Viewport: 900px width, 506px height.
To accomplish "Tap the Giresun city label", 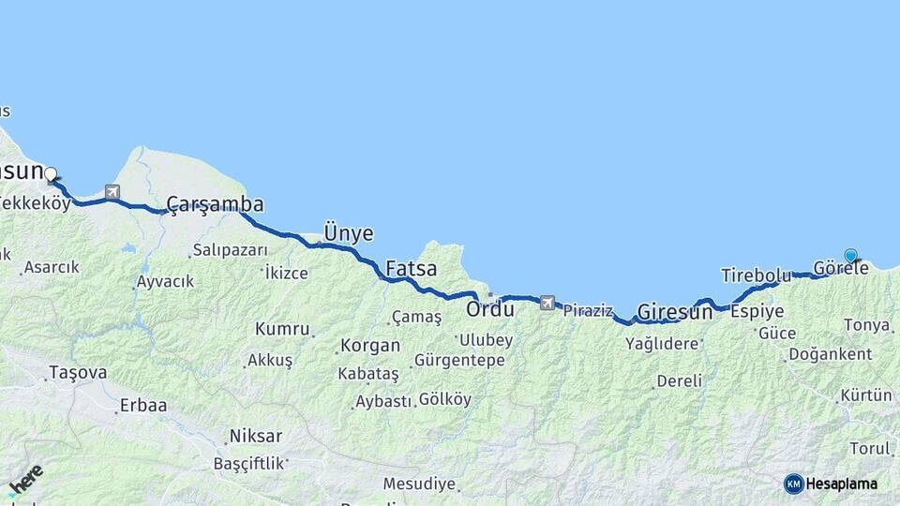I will pos(675,312).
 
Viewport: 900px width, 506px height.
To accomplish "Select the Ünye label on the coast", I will pos(348,233).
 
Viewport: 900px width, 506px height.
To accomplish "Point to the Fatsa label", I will pos(412,269).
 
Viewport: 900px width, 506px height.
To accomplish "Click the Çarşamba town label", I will pos(215,204).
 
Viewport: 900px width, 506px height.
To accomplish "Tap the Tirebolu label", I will pos(756,275).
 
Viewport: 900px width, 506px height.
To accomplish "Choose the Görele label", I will pos(841,268).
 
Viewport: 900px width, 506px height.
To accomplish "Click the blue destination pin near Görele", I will pos(850,255).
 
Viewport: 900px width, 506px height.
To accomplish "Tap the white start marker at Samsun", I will pos(51,173).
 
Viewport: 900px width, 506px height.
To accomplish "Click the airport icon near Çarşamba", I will pos(112,193).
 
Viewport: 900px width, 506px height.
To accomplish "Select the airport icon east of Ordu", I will pos(547,303).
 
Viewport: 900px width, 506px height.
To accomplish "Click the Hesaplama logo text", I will pos(842,484).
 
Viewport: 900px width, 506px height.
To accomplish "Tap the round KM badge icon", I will pos(794,484).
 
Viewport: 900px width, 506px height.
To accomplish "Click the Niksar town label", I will pos(254,437).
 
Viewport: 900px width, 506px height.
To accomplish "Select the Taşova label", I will pos(77,373).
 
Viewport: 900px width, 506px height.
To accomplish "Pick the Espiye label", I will pos(757,311).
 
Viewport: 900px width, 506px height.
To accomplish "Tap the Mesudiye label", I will pos(419,484).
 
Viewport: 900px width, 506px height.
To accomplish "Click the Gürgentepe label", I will pos(459,360).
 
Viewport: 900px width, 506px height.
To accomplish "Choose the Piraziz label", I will pos(588,310).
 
